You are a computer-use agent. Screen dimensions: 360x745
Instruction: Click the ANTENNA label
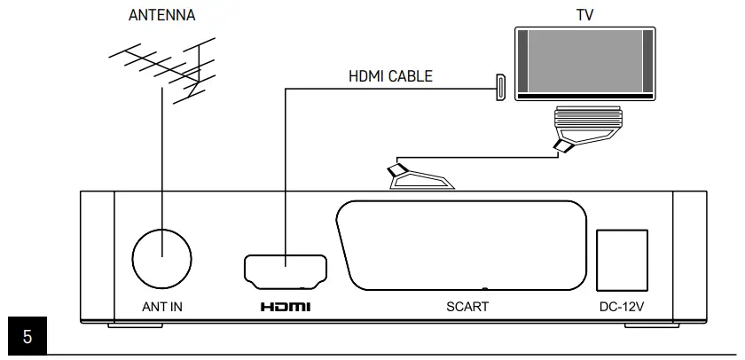coord(161,15)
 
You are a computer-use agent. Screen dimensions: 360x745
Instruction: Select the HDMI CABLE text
coord(391,76)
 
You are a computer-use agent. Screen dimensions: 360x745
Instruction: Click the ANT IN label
coord(162,308)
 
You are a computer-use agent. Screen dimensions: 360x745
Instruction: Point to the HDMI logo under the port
coord(285,308)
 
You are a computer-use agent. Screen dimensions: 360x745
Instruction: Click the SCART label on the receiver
coord(467,308)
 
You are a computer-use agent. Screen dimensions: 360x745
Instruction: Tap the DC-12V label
coord(621,308)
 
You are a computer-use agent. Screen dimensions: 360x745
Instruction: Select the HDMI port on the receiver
coord(285,270)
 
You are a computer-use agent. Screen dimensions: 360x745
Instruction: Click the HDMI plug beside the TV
coord(498,88)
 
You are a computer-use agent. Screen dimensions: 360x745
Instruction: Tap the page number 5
coord(27,338)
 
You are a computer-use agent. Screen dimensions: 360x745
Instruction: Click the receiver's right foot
coord(647,325)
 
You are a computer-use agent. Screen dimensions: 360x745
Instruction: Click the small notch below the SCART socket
coord(484,288)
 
